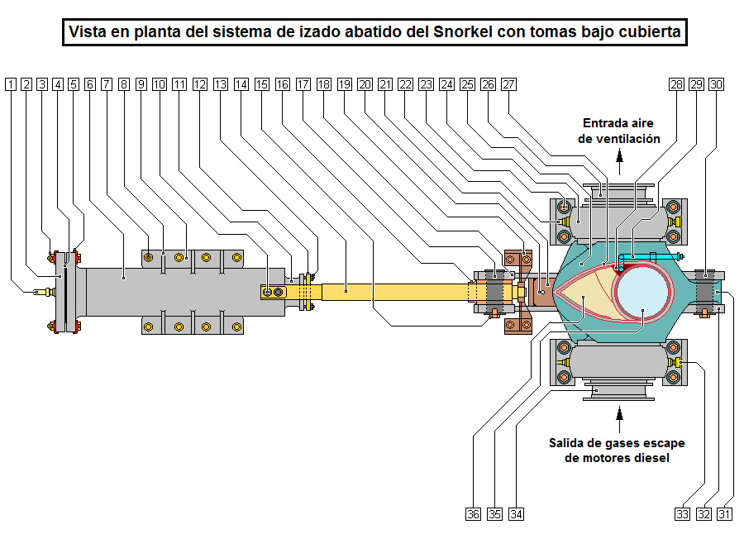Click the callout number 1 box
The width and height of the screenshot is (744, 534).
point(10,84)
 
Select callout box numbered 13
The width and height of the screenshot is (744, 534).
point(220,84)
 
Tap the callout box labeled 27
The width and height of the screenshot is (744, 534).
point(508,84)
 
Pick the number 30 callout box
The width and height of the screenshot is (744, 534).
point(717,84)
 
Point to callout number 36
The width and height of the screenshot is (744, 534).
point(473,514)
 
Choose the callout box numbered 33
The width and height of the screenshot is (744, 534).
point(682,514)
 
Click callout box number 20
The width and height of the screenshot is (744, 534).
point(365,84)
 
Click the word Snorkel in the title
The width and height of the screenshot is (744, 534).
point(461,33)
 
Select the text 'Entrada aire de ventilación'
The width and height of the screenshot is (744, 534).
point(619,131)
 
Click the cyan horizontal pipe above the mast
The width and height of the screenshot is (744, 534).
point(653,258)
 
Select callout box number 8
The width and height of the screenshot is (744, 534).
point(124,84)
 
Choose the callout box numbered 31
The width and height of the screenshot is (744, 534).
point(725,514)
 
